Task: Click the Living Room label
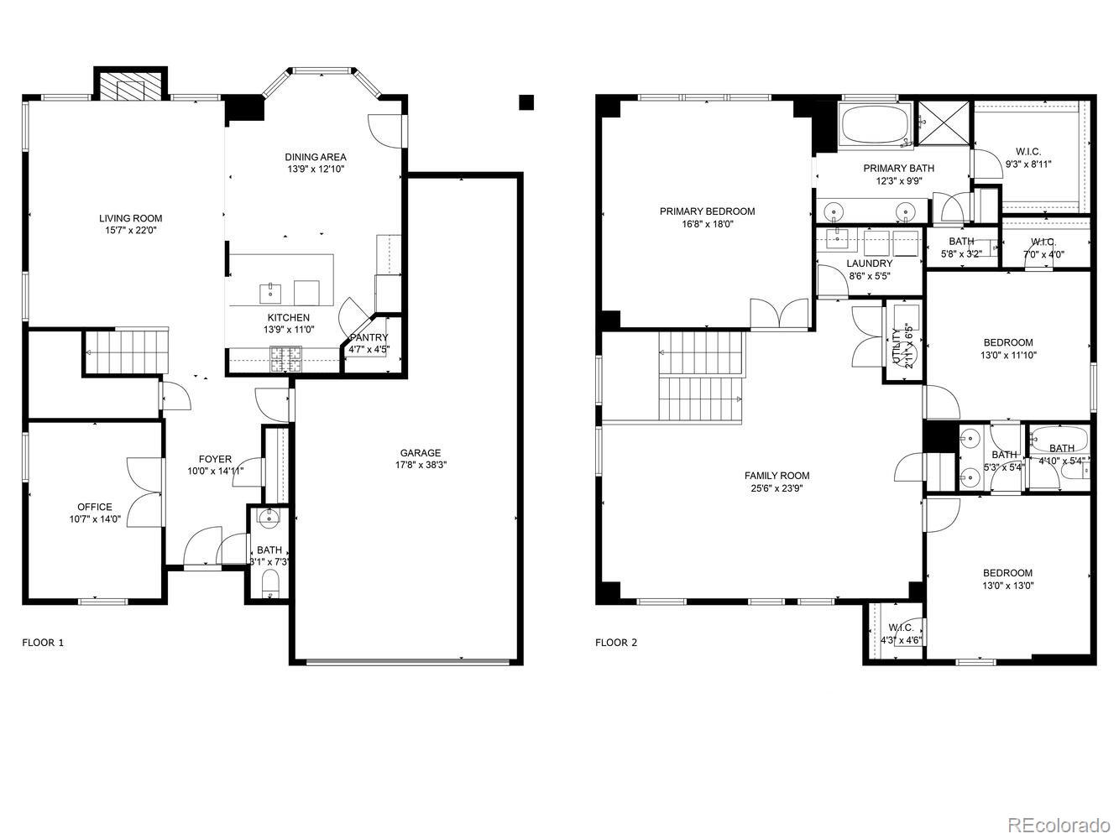coord(130,218)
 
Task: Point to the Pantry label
coord(369,337)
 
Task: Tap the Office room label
coord(94,507)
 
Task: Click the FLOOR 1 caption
coord(42,643)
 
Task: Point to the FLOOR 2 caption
coord(616,643)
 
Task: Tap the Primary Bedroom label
coord(707,211)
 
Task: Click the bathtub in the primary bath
coord(874,127)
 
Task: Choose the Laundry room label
coord(869,263)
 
